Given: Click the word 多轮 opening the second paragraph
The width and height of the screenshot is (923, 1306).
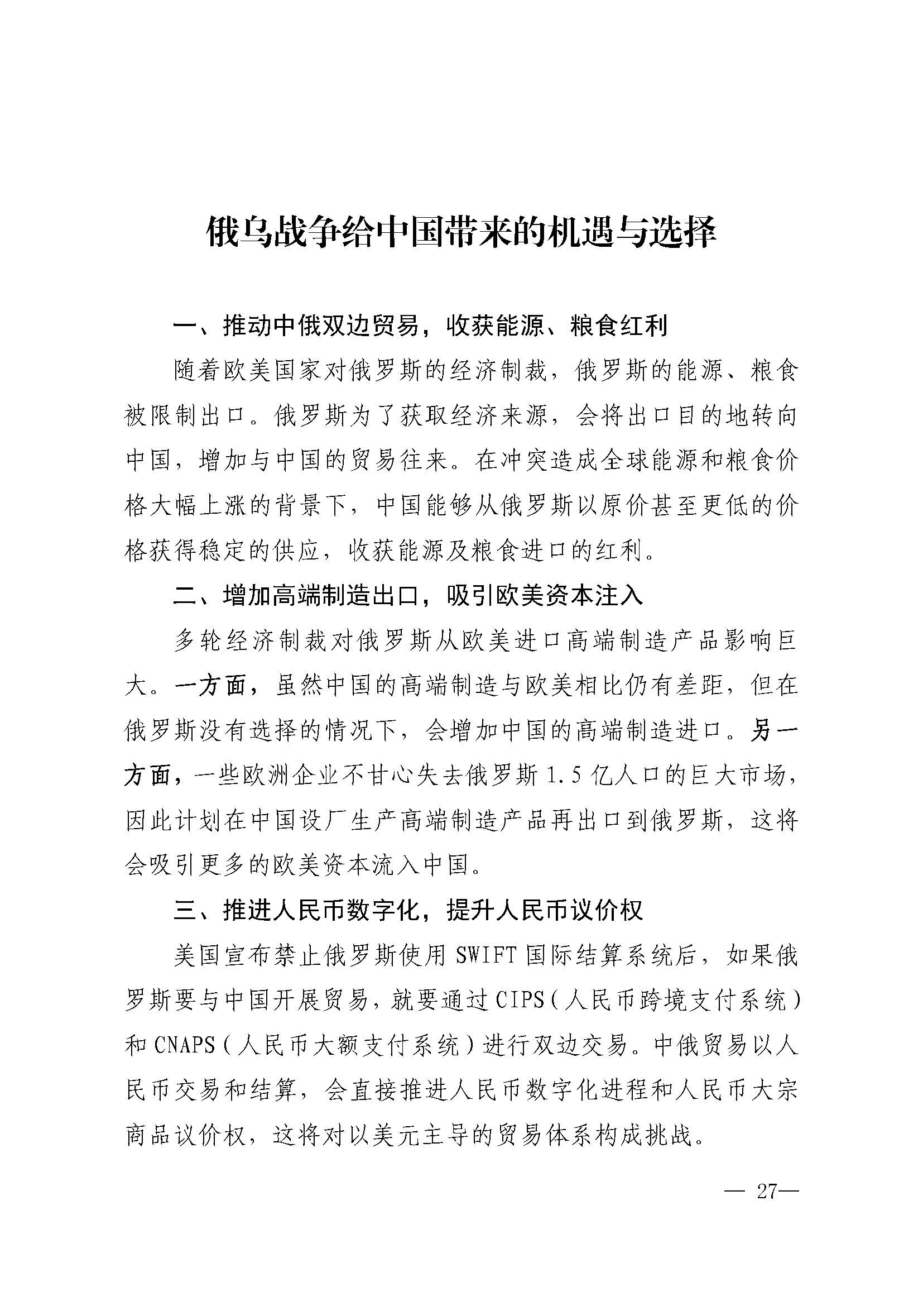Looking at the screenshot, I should tap(199, 641).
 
